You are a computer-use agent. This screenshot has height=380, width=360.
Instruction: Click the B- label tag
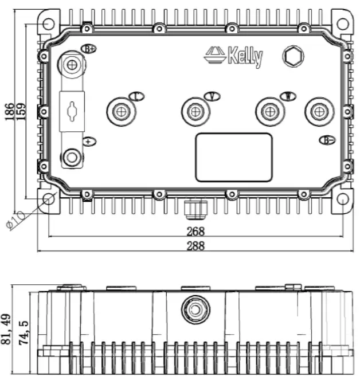click(327, 140)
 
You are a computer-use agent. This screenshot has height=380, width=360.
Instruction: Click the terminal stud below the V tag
click(195, 110)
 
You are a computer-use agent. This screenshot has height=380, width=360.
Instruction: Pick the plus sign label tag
click(88, 141)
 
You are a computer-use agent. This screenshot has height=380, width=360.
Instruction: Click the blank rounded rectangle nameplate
click(233, 157)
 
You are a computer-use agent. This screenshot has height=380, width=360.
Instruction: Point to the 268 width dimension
click(195, 232)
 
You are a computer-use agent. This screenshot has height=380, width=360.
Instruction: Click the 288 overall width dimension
click(195, 246)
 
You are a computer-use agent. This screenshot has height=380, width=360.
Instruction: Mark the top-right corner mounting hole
click(342, 23)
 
